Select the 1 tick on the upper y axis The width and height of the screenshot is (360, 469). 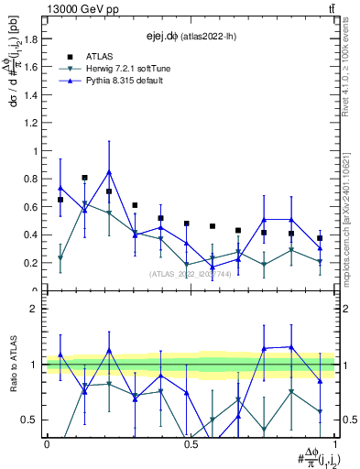[38, 151]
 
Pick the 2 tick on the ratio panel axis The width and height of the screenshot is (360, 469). [38, 309]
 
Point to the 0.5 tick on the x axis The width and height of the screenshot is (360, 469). [191, 444]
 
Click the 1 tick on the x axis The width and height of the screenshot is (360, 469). [334, 444]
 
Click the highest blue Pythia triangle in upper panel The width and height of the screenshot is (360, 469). [109, 171]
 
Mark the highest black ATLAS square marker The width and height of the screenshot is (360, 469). [85, 178]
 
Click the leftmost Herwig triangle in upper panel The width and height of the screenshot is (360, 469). [60, 258]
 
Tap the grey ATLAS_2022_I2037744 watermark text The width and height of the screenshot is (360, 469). [191, 274]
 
